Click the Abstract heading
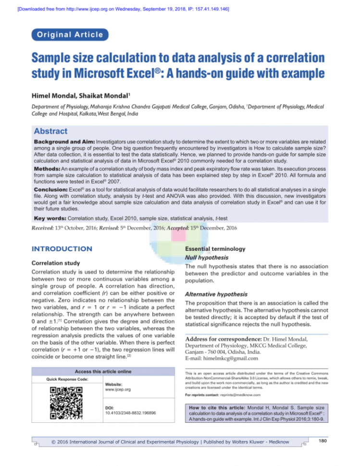[50, 131]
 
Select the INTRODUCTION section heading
[62, 249]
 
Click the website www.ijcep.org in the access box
[117, 389]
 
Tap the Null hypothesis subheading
[202, 258]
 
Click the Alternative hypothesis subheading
[216, 294]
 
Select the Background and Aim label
[64, 143]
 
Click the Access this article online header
[103, 371]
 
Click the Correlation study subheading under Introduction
[56, 263]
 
